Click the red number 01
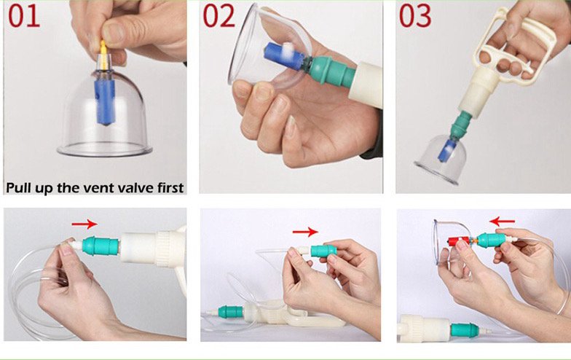[x=23, y=16]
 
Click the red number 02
[x=218, y=16]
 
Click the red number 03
[x=415, y=16]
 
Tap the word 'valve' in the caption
[x=127, y=188]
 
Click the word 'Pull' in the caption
[x=17, y=188]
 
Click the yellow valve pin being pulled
[x=103, y=55]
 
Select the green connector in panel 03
[x=460, y=124]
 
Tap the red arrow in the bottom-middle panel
[x=305, y=231]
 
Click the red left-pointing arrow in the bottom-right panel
[x=503, y=221]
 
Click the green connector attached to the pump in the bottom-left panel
[x=101, y=246]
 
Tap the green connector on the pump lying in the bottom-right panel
[x=465, y=329]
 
